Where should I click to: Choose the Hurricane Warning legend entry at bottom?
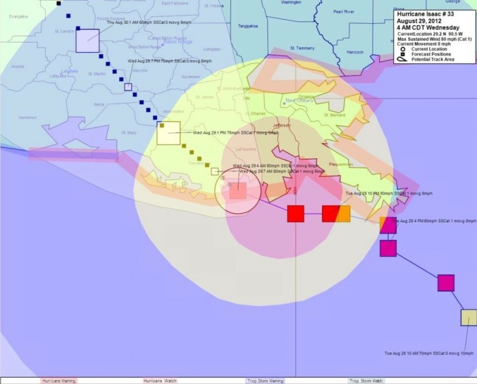59,380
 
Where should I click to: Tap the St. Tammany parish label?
301,48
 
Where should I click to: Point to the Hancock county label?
355,51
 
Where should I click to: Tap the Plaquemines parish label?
341,164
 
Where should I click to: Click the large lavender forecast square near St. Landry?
88,40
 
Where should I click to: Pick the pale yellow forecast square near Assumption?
168,133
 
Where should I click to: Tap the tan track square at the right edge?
469,317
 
